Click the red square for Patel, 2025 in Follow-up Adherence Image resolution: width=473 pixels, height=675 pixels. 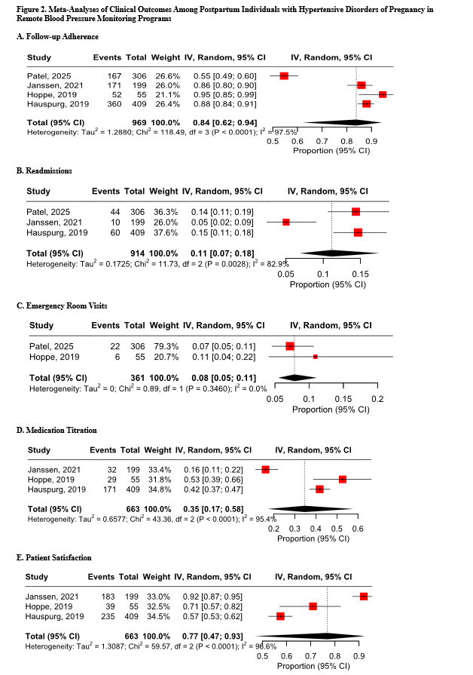tap(284, 75)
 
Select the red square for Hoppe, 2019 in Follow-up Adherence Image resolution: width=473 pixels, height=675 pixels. tap(383, 94)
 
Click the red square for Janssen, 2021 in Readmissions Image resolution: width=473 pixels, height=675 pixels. tap(286, 222)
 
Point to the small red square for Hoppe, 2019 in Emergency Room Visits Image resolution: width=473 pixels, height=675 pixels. tap(316, 356)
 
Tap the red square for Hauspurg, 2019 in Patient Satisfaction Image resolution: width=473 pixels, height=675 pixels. tap(280, 616)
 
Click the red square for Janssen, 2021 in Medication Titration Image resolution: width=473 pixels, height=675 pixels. tap(265, 469)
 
